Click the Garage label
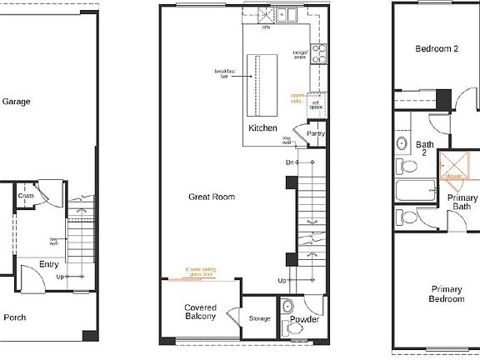[16, 102]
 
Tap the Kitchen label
[262, 127]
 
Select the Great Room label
[211, 197]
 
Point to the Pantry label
[316, 133]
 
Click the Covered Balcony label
[200, 312]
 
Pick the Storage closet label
[259, 318]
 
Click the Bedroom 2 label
[437, 49]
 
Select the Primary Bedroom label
[446, 294]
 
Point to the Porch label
[15, 317]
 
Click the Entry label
[48, 264]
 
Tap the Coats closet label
[26, 196]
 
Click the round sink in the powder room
[287, 305]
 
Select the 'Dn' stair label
[289, 162]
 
